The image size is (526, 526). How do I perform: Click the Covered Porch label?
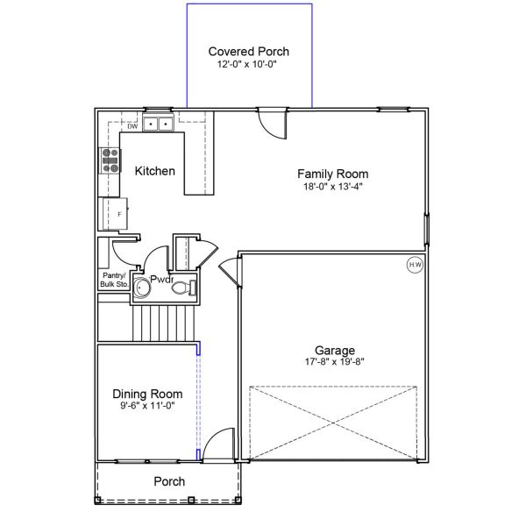click(x=248, y=52)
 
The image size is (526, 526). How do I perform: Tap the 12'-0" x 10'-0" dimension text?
click(x=248, y=65)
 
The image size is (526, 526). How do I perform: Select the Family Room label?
click(x=332, y=174)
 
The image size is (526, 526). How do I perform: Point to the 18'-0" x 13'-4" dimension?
click(x=332, y=186)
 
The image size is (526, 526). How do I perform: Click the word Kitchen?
click(x=154, y=171)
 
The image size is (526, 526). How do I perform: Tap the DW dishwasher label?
click(x=132, y=126)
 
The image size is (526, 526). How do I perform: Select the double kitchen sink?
click(x=159, y=124)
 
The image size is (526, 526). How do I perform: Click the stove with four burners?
click(x=111, y=159)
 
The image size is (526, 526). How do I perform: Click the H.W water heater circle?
click(x=414, y=264)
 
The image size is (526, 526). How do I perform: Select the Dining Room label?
click(x=147, y=394)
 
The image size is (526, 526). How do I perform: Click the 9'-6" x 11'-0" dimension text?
click(x=147, y=406)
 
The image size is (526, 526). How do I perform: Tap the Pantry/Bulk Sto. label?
click(x=115, y=281)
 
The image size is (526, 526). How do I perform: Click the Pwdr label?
click(x=162, y=280)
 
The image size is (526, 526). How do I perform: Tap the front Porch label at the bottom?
click(x=169, y=481)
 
